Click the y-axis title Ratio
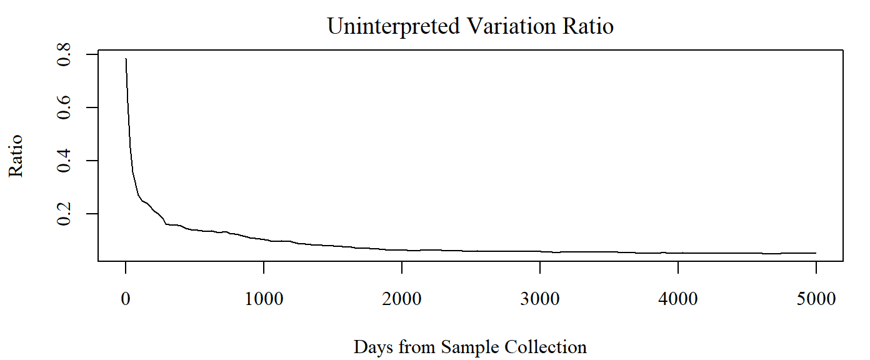point(16,156)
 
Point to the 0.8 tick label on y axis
point(64,54)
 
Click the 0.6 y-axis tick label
point(64,107)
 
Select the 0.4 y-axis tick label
point(64,161)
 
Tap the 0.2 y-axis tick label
point(64,214)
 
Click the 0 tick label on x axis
point(126,299)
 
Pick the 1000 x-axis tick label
point(264,299)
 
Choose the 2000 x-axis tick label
point(402,299)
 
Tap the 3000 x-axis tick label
point(540,299)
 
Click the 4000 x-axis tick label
point(678,299)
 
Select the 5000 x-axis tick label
point(816,299)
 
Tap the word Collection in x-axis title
point(546,347)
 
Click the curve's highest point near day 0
point(126,59)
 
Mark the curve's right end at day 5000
point(816,253)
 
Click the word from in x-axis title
point(416,347)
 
